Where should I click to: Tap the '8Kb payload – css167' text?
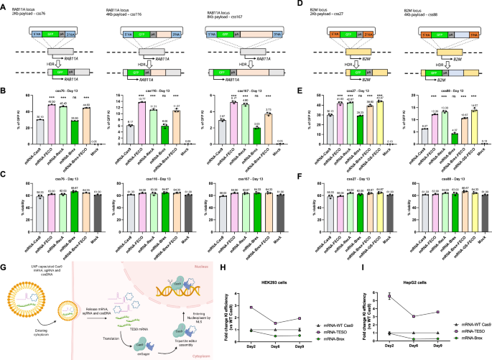click(x=232, y=14)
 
